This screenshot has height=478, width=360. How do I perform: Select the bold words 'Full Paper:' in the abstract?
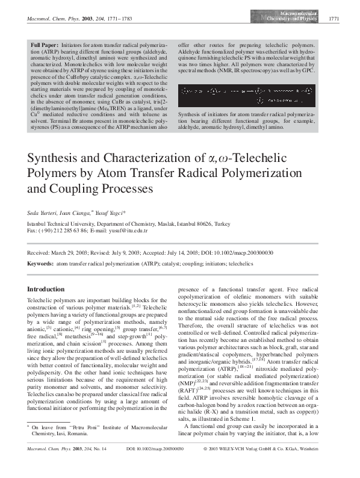tap(45, 45)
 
